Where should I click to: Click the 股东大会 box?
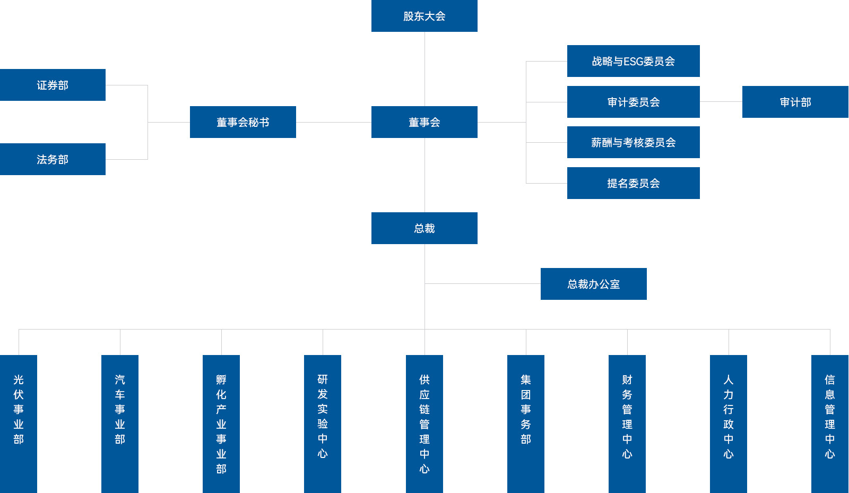click(x=424, y=16)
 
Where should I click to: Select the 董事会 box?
click(x=424, y=122)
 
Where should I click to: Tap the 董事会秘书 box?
click(x=242, y=122)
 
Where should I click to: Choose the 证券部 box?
click(x=53, y=85)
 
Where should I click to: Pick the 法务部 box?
click(x=53, y=159)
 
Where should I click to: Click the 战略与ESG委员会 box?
click(x=633, y=61)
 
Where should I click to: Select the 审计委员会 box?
click(x=633, y=102)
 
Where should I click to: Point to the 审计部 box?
click(x=795, y=102)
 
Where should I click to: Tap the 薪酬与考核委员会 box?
click(x=633, y=142)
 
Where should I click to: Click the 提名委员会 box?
click(x=633, y=183)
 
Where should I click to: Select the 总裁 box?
click(x=424, y=228)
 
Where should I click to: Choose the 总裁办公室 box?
click(x=593, y=284)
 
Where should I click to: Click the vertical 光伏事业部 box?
click(x=19, y=423)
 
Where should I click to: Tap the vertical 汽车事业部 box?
click(x=120, y=423)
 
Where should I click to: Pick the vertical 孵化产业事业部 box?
click(x=221, y=423)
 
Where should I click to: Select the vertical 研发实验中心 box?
click(x=323, y=423)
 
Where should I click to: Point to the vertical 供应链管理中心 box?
click(x=424, y=423)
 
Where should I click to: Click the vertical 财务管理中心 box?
click(x=627, y=423)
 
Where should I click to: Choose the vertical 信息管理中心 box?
click(x=830, y=423)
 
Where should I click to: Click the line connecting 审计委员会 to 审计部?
click(x=721, y=101)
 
